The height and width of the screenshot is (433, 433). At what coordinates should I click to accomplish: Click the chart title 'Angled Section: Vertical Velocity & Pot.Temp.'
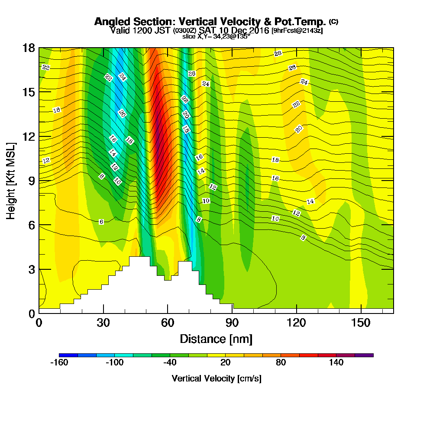point(210,22)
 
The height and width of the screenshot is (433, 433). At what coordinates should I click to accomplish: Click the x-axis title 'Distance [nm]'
point(216,339)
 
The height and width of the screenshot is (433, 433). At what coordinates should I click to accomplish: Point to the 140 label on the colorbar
point(336,363)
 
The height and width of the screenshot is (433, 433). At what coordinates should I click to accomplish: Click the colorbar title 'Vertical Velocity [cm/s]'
point(216,378)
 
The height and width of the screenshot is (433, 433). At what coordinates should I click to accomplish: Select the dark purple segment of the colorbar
point(364,355)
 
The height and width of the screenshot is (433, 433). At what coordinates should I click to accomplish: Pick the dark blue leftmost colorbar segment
point(68,355)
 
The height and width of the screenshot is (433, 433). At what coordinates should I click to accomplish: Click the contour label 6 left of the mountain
point(101,222)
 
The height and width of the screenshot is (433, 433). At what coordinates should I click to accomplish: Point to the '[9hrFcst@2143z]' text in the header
point(297,31)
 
